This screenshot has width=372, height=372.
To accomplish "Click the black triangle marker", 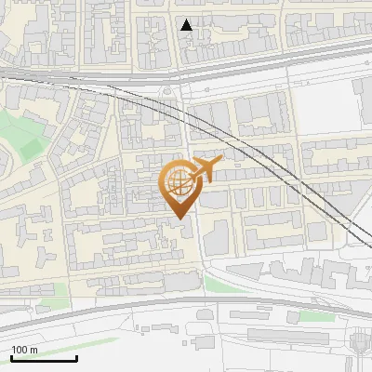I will [187, 25].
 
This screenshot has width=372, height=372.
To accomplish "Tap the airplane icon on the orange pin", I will [205, 169].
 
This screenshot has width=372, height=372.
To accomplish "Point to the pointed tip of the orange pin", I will [179, 219].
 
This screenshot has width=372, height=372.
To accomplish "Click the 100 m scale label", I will [24, 350].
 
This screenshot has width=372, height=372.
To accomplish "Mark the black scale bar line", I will [44, 358].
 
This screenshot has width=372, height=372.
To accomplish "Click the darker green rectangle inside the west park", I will [32, 149].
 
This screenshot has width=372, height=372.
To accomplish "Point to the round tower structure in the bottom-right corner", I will [358, 344].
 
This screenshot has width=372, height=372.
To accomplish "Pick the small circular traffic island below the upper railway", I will [166, 91].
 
